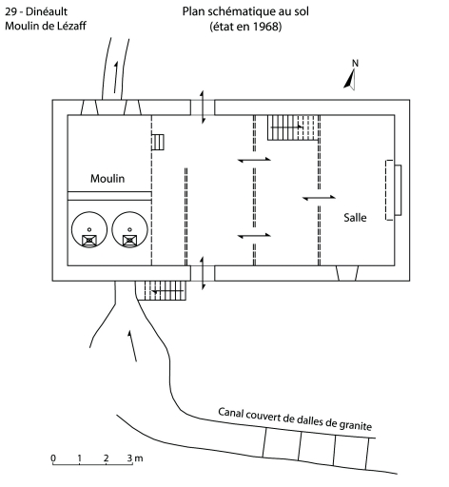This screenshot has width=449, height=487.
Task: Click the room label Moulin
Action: (x=107, y=179)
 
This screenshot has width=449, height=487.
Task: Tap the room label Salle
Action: (x=355, y=218)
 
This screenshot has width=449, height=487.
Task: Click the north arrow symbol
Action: (x=350, y=80)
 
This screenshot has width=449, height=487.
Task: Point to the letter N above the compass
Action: (x=355, y=64)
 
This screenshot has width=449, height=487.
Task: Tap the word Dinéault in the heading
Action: (x=47, y=11)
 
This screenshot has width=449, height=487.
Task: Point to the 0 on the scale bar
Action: (x=53, y=458)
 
